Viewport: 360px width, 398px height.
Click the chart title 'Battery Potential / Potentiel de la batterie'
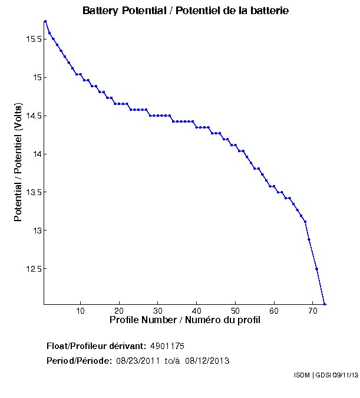coord(186,11)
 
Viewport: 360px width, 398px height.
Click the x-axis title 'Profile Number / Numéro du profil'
coord(185,321)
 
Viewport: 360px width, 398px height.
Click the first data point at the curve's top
coord(45,21)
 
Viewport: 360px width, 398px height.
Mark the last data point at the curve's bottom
coord(325,304)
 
